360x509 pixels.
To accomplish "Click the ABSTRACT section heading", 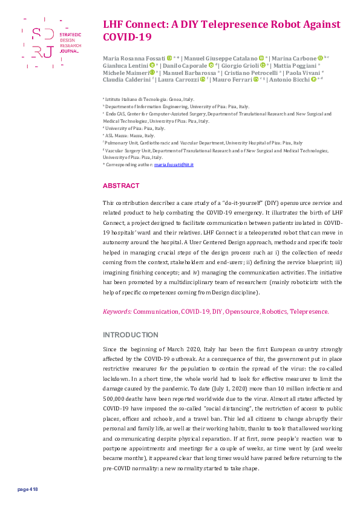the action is [121, 186].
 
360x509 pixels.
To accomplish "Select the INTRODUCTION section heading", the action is [131, 335].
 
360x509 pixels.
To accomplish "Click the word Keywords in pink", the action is [117, 312].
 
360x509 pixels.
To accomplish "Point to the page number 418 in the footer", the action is [28, 489].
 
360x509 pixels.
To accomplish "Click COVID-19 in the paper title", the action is [126, 37].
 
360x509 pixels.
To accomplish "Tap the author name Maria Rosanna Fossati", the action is [134, 57].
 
